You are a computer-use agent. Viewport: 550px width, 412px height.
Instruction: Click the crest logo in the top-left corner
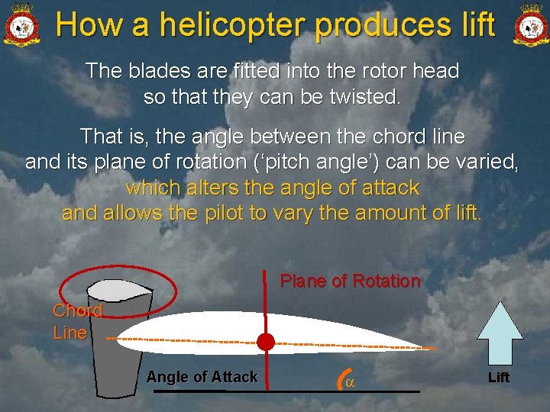point(21,24)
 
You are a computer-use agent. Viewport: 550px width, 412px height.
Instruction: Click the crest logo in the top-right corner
point(530,24)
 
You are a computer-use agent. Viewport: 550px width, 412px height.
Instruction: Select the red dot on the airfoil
point(265,341)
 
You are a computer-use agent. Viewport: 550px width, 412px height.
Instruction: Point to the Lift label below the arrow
point(499,378)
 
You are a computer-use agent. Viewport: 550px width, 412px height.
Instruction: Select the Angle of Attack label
point(202,377)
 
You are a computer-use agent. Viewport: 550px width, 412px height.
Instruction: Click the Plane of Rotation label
point(350,281)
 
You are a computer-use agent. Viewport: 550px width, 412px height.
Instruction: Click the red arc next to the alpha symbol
point(339,378)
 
